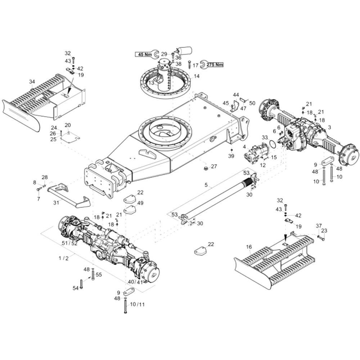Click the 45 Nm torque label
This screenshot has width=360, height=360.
click(x=143, y=54)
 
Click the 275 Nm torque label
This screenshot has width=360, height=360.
click(x=215, y=65)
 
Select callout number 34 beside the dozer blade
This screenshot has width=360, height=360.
click(x=32, y=81)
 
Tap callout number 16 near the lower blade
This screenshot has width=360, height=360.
click(x=249, y=247)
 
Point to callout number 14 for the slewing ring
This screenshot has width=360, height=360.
click(x=197, y=76)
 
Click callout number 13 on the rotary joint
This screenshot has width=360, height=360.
click(x=151, y=83)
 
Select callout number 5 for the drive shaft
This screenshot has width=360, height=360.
click(x=206, y=185)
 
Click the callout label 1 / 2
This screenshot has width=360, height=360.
click(x=63, y=258)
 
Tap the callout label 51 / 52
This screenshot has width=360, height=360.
click(x=69, y=243)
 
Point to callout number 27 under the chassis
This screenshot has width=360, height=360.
click(x=214, y=166)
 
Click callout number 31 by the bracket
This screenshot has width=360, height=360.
click(x=56, y=203)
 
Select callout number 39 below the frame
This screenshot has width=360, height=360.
click(x=231, y=156)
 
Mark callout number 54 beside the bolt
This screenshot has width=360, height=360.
click(x=76, y=288)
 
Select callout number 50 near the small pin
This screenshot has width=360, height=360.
click(x=252, y=103)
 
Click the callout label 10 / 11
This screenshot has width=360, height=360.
click(x=137, y=304)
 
